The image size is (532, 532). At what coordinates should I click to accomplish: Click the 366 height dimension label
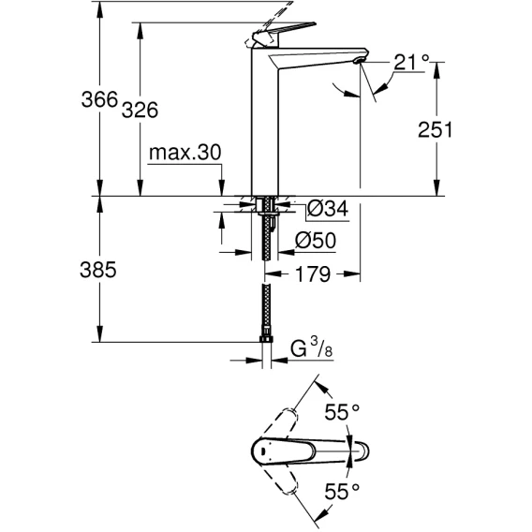coord(99,99)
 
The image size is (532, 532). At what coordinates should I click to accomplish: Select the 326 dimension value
coord(140,110)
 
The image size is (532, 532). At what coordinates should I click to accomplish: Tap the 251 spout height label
coord(436,129)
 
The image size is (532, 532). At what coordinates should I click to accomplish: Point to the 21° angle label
coord(411,63)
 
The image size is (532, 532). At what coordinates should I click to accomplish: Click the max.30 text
coord(185,153)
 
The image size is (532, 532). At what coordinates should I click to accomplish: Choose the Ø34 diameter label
coord(328,208)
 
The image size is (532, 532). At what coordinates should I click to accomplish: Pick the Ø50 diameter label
coord(316,240)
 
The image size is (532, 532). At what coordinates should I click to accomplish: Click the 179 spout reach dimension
coord(313,273)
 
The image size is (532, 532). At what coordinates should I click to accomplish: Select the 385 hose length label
coord(98,270)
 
